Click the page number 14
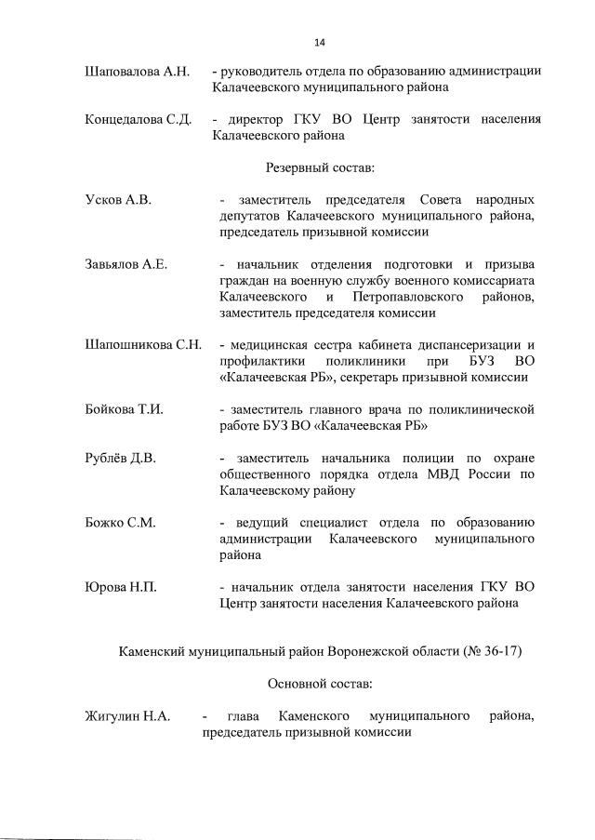320,42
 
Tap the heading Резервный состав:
320,167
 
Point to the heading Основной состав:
320,684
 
